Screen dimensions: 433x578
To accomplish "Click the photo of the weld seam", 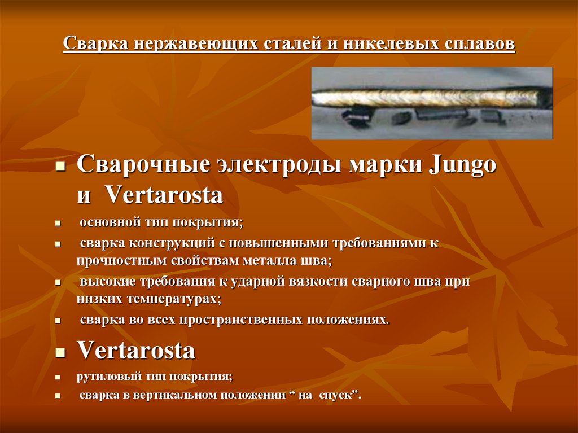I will [432, 103].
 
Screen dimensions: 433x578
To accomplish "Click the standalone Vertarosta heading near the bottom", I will [136, 351].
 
